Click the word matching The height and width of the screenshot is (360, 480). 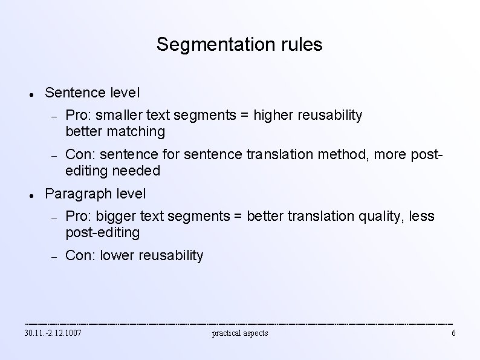pos(140,131)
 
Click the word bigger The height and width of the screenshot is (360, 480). pos(119,216)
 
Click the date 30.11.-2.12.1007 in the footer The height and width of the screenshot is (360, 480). pos(53,333)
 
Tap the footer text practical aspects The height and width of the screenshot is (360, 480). pos(240,333)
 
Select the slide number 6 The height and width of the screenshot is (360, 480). pos(453,333)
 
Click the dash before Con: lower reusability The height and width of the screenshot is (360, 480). pos(53,257)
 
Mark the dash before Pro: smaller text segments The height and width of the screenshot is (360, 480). pos(53,116)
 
